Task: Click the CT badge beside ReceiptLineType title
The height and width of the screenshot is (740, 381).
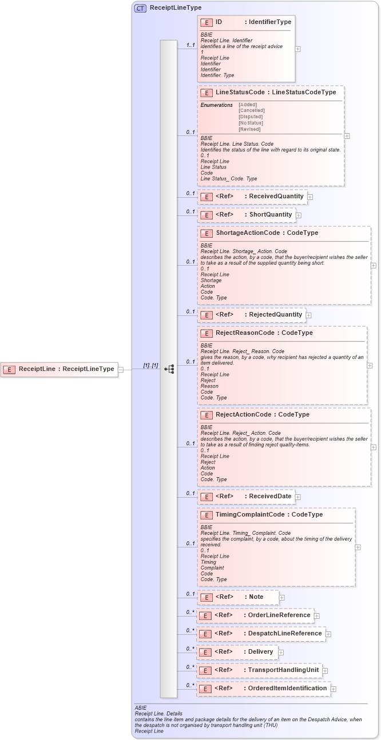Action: [x=140, y=9]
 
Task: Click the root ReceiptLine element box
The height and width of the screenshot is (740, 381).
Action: [x=59, y=369]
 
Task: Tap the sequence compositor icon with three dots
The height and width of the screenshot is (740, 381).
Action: [x=169, y=369]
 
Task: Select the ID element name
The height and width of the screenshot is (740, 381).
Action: [x=219, y=22]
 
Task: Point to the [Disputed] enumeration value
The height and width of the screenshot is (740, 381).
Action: [x=251, y=117]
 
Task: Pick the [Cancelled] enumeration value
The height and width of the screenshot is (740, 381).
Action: [x=252, y=111]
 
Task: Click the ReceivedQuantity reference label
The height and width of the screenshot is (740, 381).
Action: [x=276, y=197]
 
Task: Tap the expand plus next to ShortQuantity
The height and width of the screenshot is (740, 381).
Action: [x=299, y=215]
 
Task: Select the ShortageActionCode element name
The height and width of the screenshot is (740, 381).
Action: [x=248, y=233]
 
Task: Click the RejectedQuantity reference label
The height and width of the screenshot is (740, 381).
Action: [x=275, y=315]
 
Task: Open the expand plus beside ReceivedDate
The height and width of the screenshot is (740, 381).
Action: [x=297, y=497]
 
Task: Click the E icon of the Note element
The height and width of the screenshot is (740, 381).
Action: [x=206, y=597]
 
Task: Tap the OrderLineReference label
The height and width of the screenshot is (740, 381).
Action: [x=279, y=615]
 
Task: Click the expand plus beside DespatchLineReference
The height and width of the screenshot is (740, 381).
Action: [x=328, y=634]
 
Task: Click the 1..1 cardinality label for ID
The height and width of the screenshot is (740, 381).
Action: [x=190, y=45]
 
